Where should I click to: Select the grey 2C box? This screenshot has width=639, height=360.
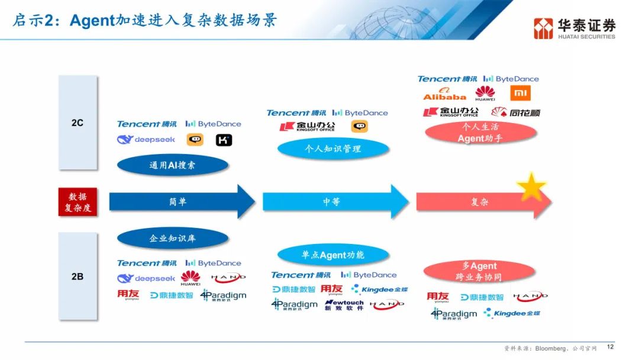[x=78, y=123]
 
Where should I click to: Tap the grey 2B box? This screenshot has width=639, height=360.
[x=78, y=276]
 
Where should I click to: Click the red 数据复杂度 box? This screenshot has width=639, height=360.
[x=78, y=202]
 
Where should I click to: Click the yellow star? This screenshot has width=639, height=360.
[x=531, y=187]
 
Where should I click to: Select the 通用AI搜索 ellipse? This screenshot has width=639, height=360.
[x=172, y=165]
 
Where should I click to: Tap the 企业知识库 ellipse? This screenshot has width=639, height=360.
[x=172, y=239]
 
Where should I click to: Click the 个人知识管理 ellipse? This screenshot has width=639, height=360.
[x=333, y=149]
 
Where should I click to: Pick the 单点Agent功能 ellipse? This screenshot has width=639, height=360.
[x=333, y=255]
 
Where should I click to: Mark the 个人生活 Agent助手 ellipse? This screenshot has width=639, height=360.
[x=480, y=133]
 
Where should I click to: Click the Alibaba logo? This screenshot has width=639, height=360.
[x=444, y=94]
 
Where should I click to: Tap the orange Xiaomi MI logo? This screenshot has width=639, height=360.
[x=520, y=94]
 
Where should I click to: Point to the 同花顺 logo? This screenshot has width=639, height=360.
[x=516, y=112]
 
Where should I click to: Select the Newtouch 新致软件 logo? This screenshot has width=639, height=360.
[x=344, y=306]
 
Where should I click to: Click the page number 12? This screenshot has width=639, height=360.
[x=611, y=348]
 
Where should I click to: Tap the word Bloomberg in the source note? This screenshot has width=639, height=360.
[x=550, y=348]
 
